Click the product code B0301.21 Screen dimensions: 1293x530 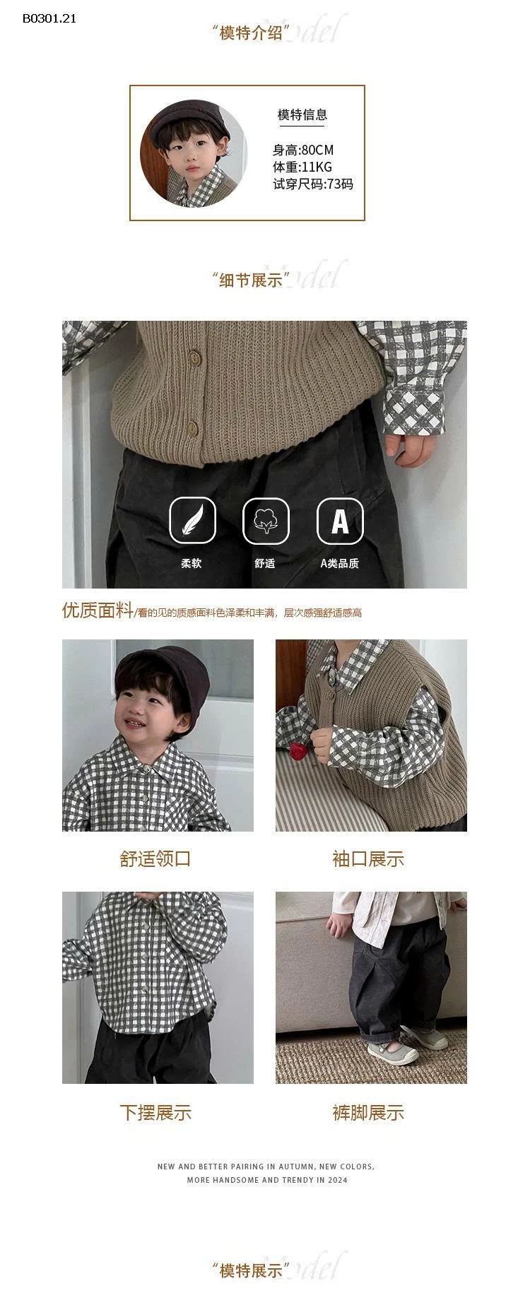click(x=49, y=18)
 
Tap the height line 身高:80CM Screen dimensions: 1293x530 click(x=302, y=150)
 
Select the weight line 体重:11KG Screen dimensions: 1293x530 click(x=302, y=167)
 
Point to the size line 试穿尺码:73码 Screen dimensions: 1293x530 click(x=312, y=184)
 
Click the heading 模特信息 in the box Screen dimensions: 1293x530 click(x=302, y=114)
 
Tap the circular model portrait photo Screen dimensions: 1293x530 click(x=194, y=153)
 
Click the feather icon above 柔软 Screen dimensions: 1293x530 click(x=192, y=521)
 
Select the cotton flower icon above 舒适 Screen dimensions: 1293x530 click(x=265, y=521)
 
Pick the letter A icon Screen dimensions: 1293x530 click(x=339, y=521)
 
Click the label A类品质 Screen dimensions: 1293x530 click(x=339, y=563)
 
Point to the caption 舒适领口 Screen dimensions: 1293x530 click(x=155, y=858)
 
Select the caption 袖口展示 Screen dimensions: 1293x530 click(x=368, y=858)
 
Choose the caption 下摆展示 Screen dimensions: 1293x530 click(x=155, y=1112)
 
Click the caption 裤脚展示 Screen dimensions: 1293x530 click(x=368, y=1112)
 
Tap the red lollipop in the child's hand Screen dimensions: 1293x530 click(x=297, y=750)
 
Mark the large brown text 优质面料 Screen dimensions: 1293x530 click(x=97, y=610)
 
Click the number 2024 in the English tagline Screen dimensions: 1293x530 click(x=337, y=1180)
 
